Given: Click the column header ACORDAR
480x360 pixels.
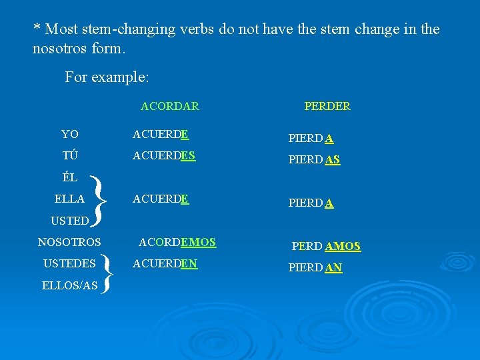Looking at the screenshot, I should [169, 106].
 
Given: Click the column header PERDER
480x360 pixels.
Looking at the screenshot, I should [327, 106].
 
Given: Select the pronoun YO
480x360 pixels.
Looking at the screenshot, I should [69, 134].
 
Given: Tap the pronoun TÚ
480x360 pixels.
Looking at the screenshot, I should [69, 155].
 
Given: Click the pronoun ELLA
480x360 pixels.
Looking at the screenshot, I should [69, 199].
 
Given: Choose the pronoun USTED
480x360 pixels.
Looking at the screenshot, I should [69, 220].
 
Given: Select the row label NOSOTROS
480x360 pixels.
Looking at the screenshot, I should [69, 242].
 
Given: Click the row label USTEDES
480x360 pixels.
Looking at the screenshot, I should [69, 263].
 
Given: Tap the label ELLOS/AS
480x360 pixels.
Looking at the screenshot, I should [69, 285].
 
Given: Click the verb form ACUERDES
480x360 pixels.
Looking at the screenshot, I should [164, 155].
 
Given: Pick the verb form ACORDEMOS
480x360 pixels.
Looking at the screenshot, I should [177, 242].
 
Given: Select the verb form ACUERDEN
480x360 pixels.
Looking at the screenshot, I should [165, 263].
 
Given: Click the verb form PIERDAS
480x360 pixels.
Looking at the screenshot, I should [314, 160].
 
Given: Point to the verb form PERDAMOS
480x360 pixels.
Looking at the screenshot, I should [326, 246].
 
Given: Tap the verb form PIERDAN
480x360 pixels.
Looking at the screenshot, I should [315, 268].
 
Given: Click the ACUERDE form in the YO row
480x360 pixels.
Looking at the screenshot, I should [161, 134].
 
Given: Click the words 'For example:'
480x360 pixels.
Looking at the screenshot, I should [107, 77].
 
